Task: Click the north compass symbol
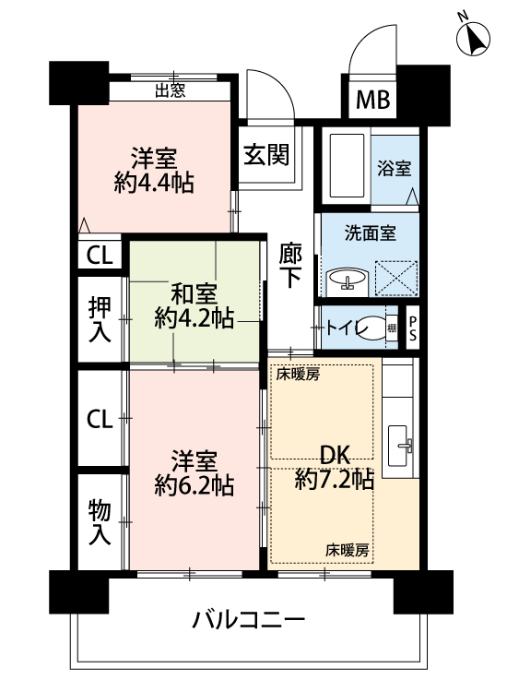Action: click(472, 38)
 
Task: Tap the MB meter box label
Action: click(373, 100)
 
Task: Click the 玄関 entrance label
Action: click(266, 155)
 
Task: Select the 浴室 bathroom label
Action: click(395, 168)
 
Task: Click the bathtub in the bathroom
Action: click(347, 166)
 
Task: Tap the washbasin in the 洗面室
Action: click(347, 281)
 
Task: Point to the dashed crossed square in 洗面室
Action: click(395, 278)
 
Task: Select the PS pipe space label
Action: click(412, 328)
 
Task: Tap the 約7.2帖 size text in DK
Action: click(334, 479)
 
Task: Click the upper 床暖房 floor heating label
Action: click(298, 376)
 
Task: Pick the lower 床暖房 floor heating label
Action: click(347, 550)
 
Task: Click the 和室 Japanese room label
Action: click(194, 294)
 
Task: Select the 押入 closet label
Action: click(100, 319)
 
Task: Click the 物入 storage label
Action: click(100, 522)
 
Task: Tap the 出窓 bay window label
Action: click(171, 91)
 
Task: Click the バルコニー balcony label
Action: click(248, 620)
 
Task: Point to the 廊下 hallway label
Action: click(290, 266)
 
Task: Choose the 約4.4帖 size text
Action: click(153, 183)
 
